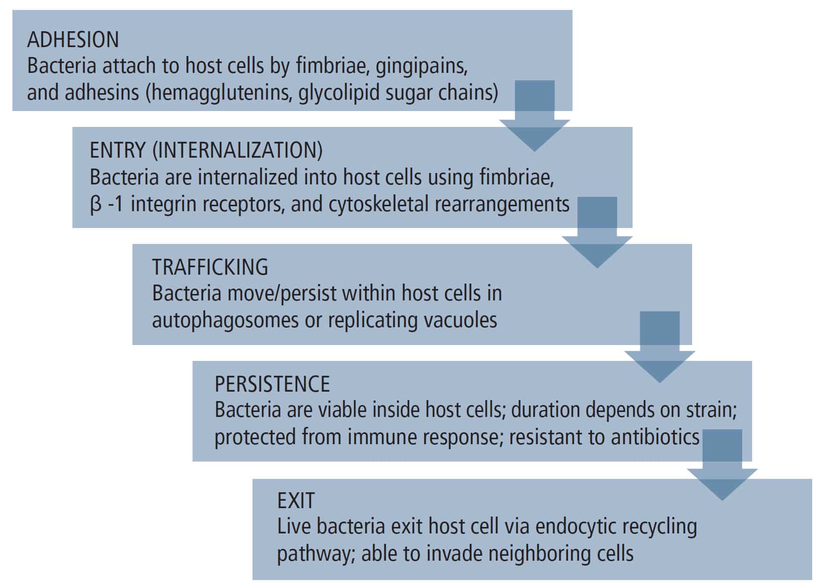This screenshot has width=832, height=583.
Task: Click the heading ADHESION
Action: [x=73, y=39]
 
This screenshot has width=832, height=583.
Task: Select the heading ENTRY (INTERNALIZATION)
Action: [x=206, y=150]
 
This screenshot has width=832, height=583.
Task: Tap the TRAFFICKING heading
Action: [x=210, y=267]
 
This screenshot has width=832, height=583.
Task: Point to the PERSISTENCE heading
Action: [x=272, y=384]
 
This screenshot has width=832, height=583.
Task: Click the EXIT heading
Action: [x=296, y=501]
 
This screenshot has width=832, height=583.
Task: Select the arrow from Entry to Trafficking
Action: [x=597, y=233]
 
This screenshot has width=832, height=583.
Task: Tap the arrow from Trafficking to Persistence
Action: [x=660, y=347]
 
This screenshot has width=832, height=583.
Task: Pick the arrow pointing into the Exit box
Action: [x=722, y=465]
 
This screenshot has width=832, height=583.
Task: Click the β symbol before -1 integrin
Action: [x=95, y=204]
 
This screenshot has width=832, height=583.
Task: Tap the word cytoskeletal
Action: [x=379, y=204]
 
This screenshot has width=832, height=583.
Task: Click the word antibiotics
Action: [x=655, y=437]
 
